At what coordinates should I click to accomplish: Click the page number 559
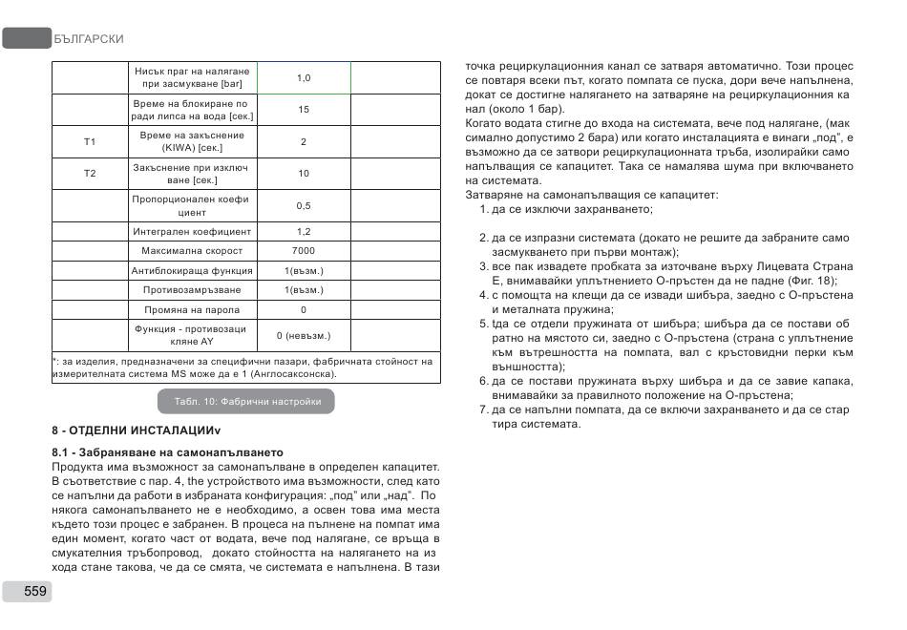pos(35,591)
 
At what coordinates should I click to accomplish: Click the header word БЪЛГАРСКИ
pos(89,39)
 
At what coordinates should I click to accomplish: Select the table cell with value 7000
pos(304,251)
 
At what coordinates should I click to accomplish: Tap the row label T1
pos(90,142)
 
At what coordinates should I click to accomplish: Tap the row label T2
pos(90,174)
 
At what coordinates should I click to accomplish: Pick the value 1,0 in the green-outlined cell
pos(304,78)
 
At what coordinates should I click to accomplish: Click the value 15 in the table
pos(304,110)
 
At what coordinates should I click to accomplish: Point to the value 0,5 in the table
pos(304,206)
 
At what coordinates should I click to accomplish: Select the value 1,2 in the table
pos(304,231)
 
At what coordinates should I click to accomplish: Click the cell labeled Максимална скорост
pos(192,251)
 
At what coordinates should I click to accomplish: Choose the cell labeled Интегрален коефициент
pos(192,231)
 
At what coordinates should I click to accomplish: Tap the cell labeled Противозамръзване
pos(192,290)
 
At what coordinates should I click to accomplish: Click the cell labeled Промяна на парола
pos(192,310)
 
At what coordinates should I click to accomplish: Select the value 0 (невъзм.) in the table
pos(304,336)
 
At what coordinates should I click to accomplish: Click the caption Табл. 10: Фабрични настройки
pos(247,402)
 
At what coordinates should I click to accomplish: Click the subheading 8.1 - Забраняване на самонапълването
pos(167,451)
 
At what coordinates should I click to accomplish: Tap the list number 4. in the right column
pos(484,295)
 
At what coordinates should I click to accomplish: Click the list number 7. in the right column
pos(484,409)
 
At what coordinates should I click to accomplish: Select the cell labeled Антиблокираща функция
pos(192,271)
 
